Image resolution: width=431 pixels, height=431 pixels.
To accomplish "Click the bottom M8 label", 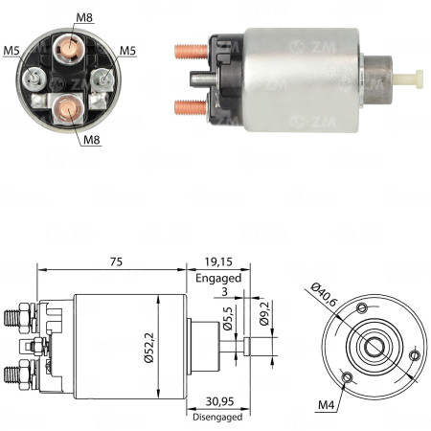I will [92, 140].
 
